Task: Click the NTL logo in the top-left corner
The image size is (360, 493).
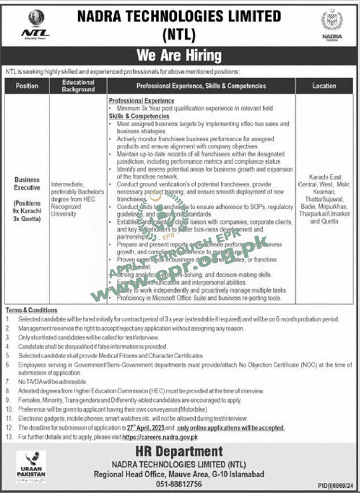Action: [35, 24]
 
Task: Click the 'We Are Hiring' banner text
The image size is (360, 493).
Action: [179, 55]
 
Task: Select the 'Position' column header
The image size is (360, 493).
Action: [27, 86]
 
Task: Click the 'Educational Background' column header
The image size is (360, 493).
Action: [78, 86]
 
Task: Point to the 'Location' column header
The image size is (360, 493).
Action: [324, 86]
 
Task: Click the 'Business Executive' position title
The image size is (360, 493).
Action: [27, 183]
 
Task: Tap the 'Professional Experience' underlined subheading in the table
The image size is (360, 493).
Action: [141, 101]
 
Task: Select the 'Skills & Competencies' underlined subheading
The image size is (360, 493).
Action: [139, 116]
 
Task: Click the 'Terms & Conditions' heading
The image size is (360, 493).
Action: [31, 311]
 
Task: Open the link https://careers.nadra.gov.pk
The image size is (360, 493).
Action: [160, 437]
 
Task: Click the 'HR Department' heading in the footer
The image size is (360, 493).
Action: [179, 452]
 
